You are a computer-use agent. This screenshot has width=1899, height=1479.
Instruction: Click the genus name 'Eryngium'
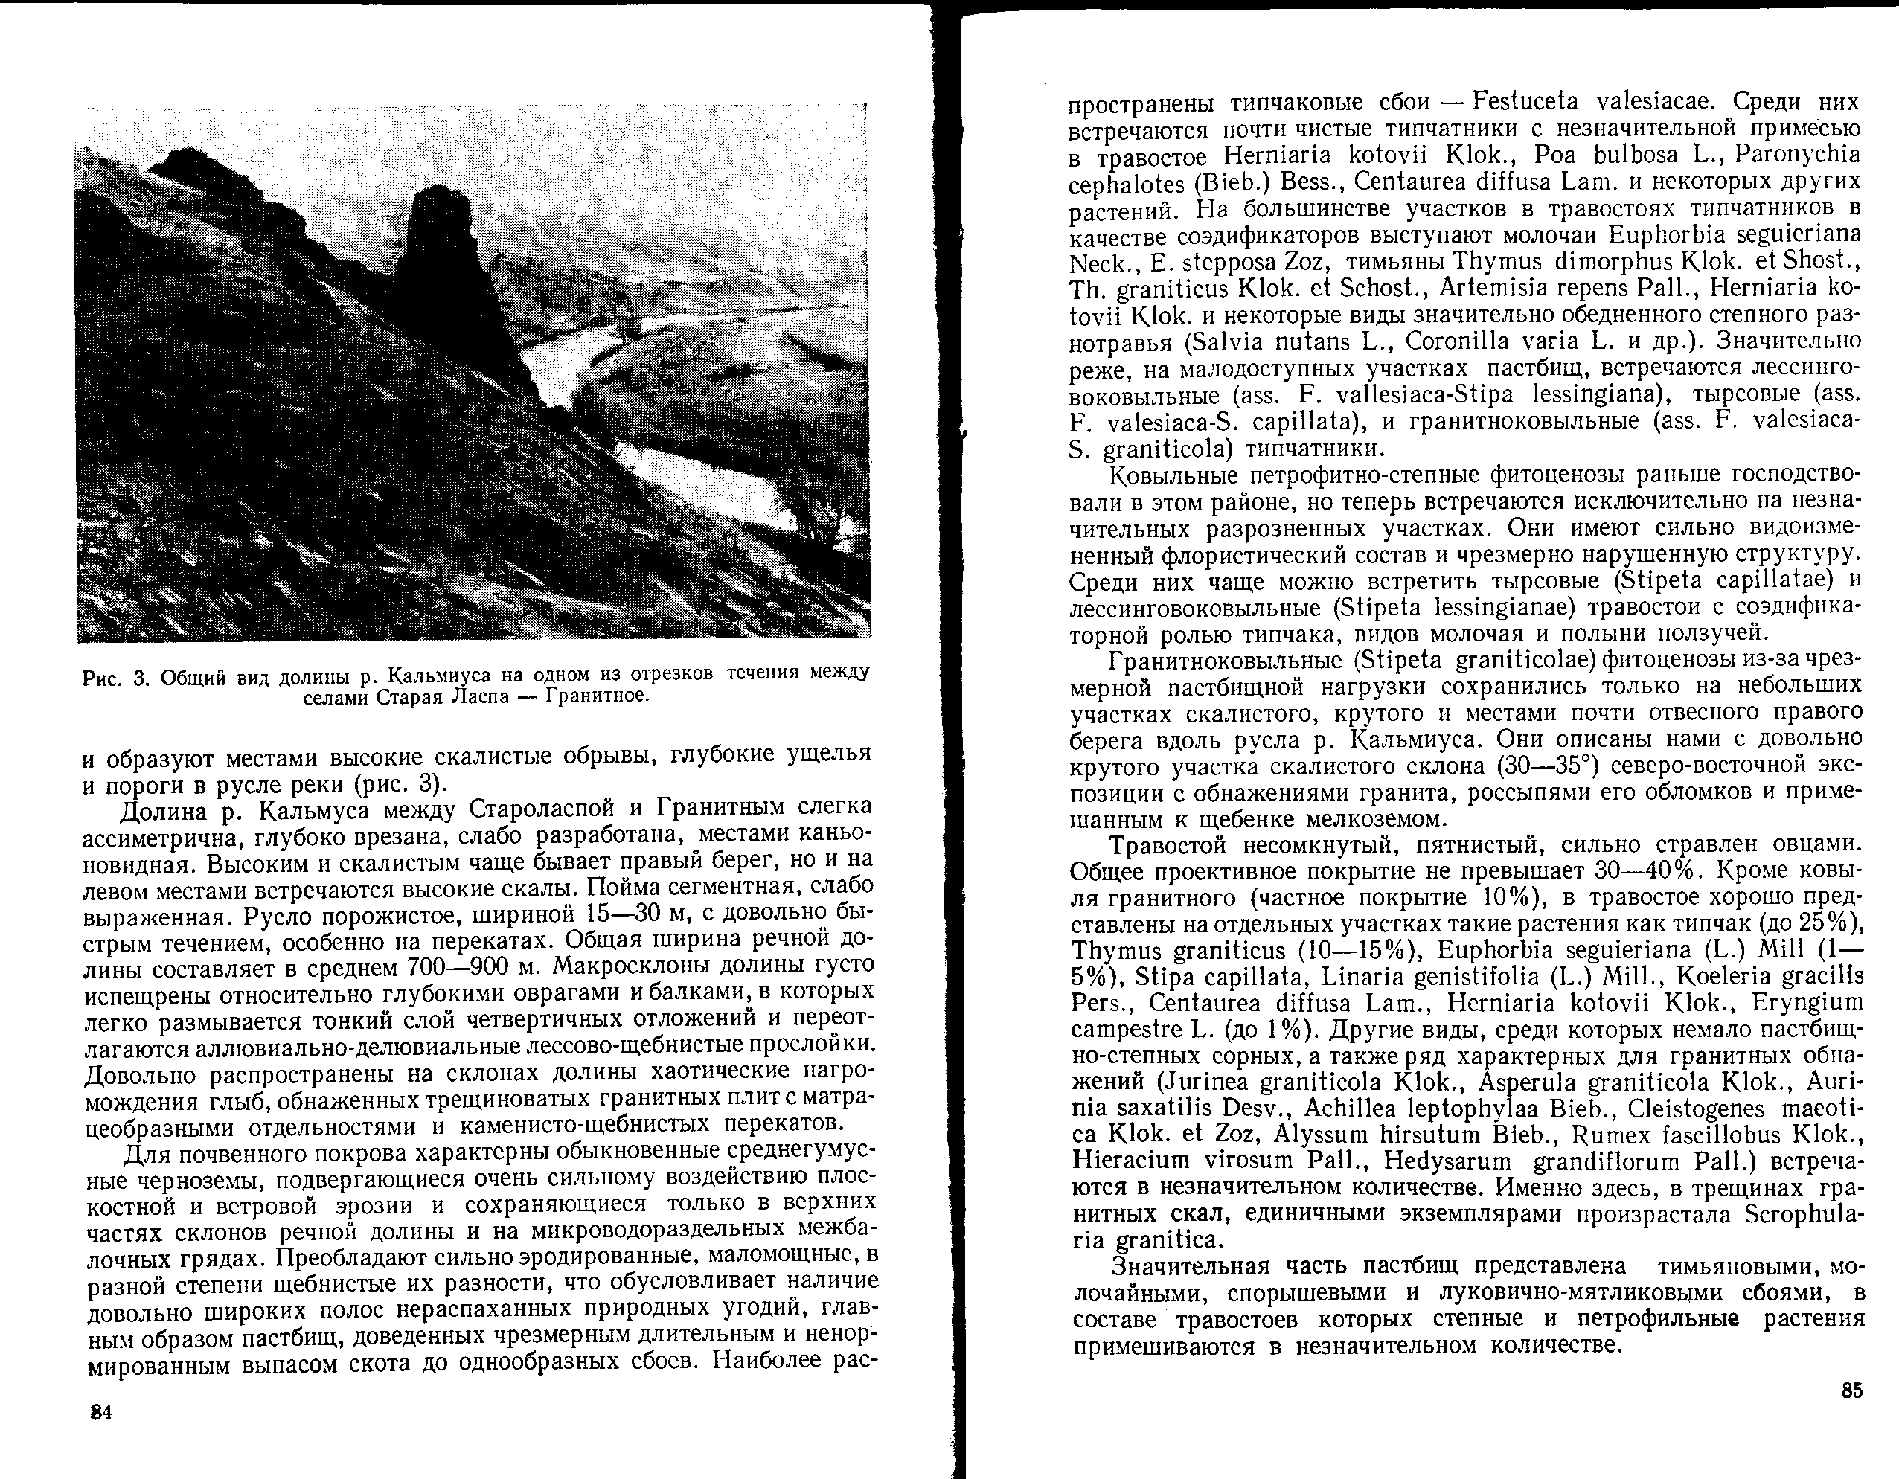click(x=1818, y=1003)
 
